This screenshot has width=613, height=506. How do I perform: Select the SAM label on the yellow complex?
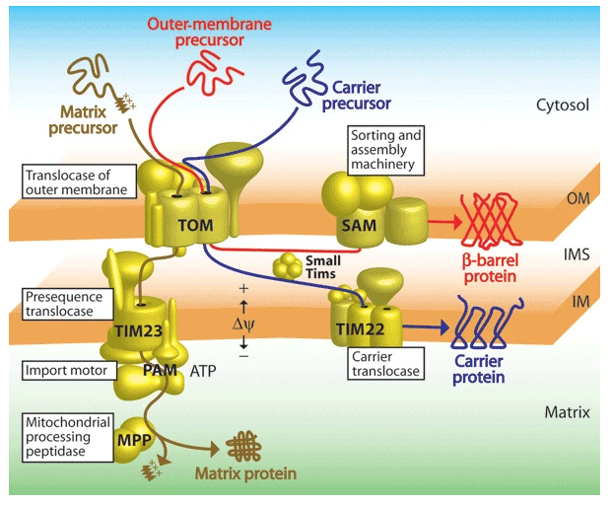point(355,227)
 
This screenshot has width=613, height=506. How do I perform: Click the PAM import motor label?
point(158,371)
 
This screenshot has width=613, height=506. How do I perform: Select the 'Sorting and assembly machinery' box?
point(382,148)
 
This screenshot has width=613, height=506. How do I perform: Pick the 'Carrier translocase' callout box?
point(384,363)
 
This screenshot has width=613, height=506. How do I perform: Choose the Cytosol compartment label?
point(562,104)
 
